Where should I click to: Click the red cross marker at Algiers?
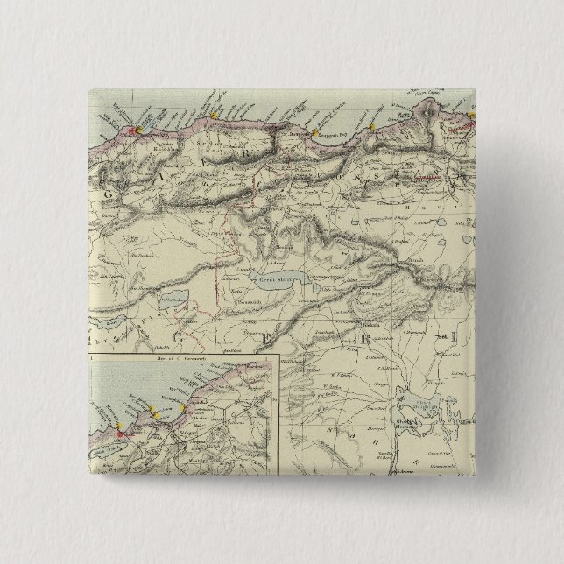click(134, 131)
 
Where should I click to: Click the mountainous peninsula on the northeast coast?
click(429, 114)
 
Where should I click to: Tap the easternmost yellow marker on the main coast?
click(470, 115)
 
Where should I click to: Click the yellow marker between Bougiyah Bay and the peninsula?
click(372, 128)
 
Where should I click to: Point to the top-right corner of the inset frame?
click(279, 354)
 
